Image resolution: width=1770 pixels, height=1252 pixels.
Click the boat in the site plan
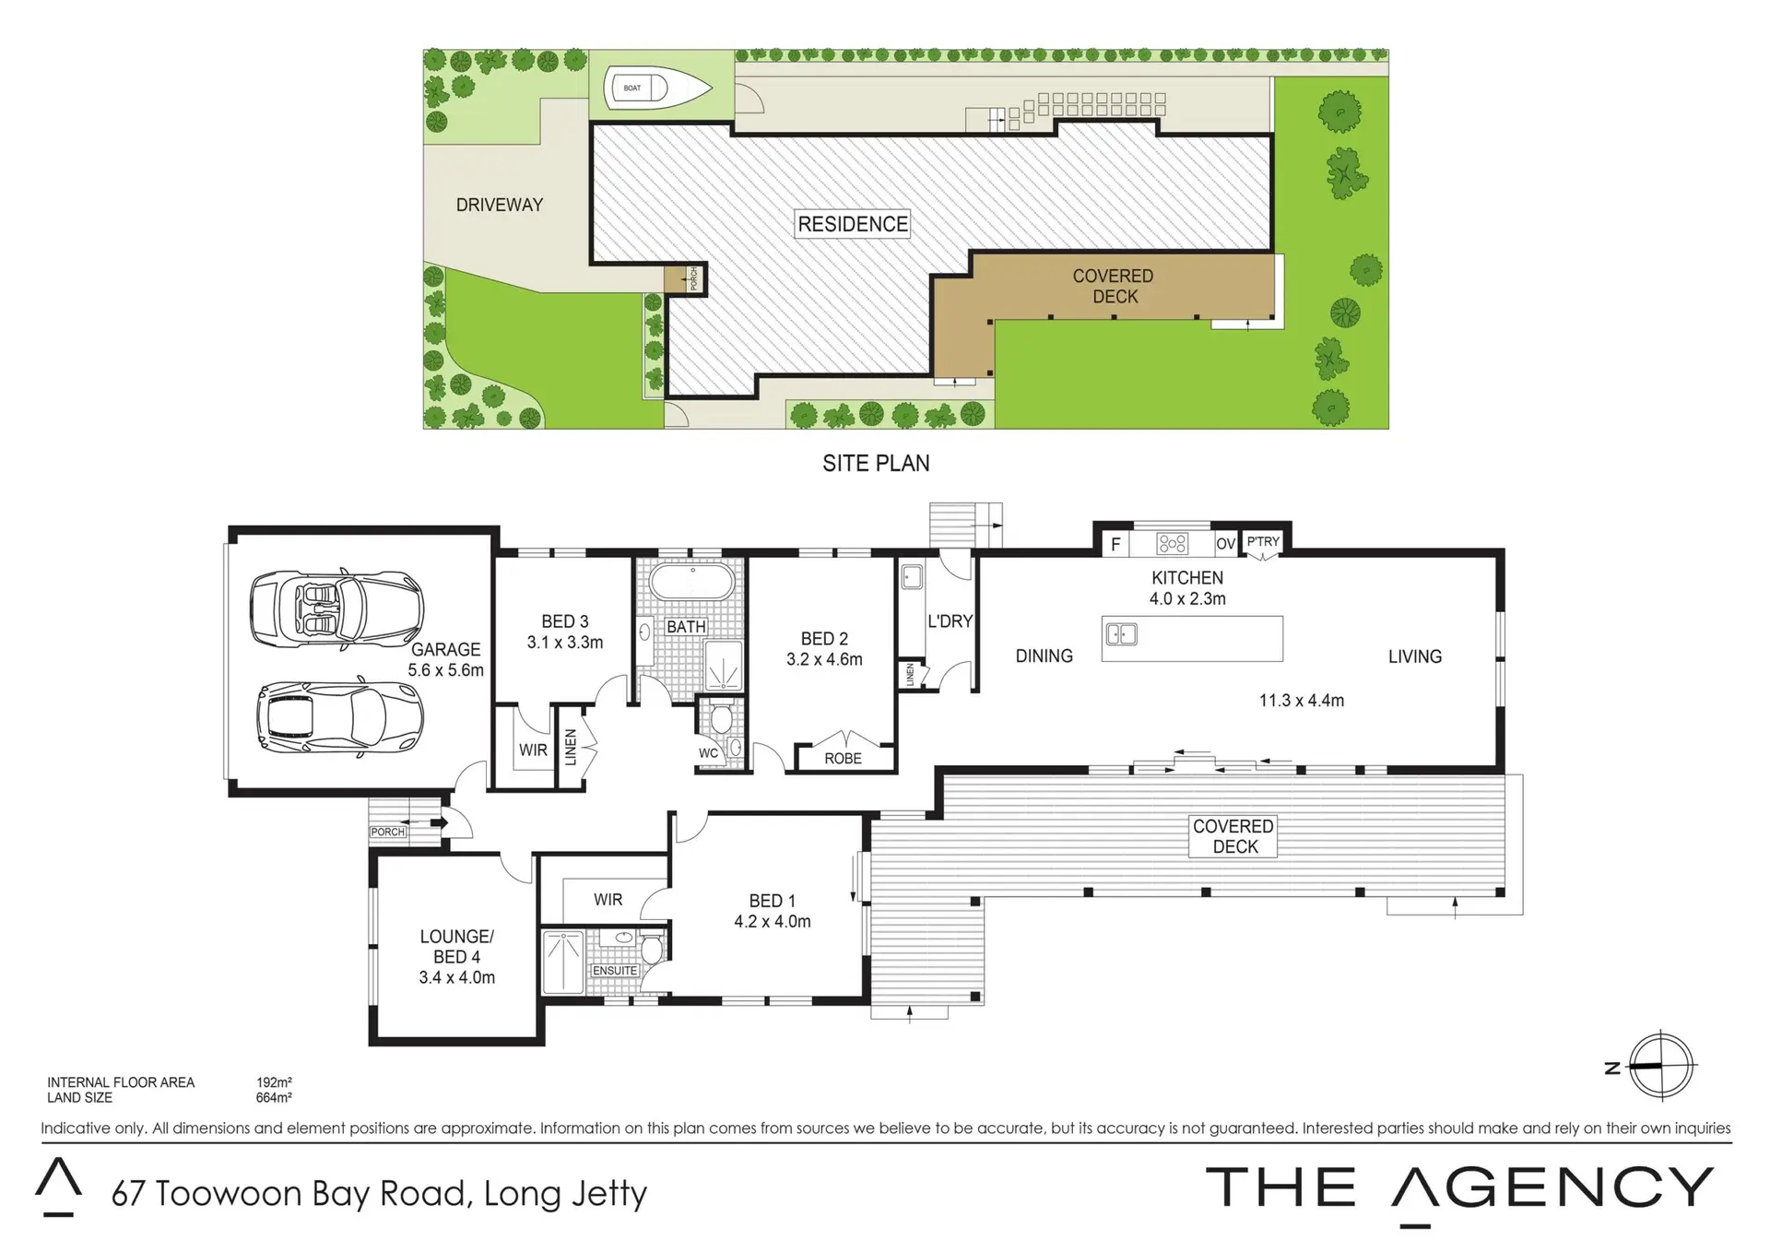coord(657,89)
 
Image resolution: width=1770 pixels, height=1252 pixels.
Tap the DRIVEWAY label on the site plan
coord(500,205)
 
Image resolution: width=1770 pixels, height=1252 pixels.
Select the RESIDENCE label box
coord(853,224)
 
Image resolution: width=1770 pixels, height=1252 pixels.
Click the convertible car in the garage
coord(337,609)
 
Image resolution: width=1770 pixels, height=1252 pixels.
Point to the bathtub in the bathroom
coord(692,582)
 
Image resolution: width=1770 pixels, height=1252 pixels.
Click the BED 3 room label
coord(565,621)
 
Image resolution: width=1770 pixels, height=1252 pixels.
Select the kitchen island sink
coord(1121,634)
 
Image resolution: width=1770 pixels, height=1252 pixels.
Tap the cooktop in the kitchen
coord(1173,544)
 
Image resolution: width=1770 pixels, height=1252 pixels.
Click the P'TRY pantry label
coord(1263,541)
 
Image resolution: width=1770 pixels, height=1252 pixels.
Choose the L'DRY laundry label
coord(950,621)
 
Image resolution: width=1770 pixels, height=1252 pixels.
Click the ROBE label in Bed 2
coord(844,758)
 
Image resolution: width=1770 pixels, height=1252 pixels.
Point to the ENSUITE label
coord(615,971)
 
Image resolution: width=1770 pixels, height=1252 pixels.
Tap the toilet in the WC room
coord(721,715)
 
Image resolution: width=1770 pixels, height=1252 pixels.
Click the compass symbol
coord(1661,1066)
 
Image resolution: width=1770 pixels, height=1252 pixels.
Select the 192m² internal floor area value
coord(274,1082)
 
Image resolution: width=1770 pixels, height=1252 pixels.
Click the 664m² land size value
coord(274,1097)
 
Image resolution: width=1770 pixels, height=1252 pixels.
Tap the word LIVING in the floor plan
coord(1415,656)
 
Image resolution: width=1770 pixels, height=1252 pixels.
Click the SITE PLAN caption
coord(876,464)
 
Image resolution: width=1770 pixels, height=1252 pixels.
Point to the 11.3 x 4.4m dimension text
coord(1302,701)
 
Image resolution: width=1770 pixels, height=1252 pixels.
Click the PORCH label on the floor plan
coord(388,832)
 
